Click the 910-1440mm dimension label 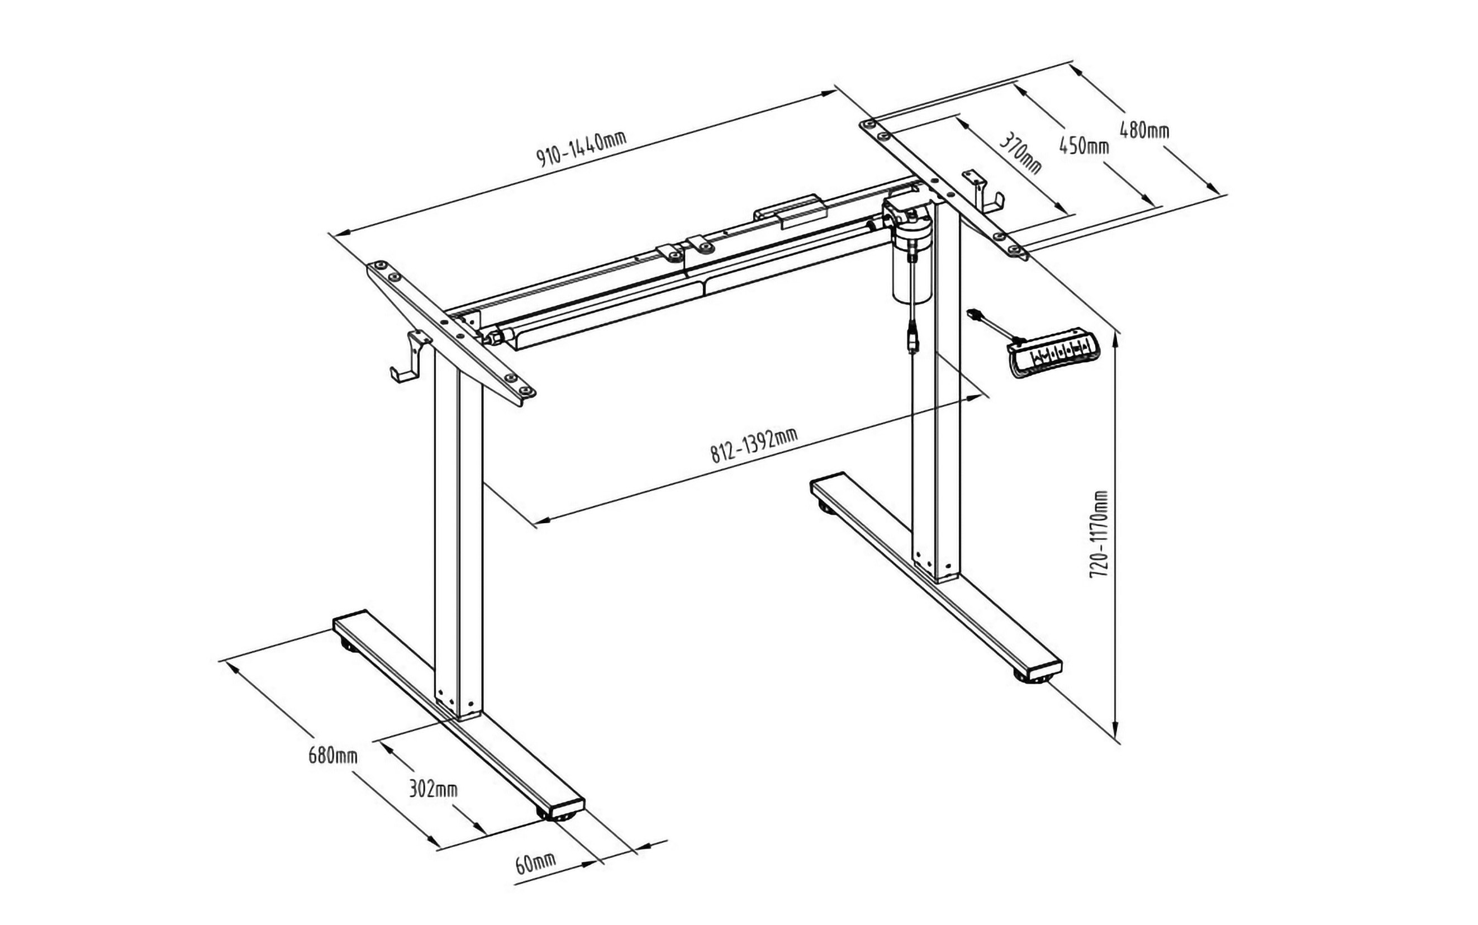tap(582, 148)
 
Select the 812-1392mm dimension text tap(753, 445)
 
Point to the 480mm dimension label tap(1143, 130)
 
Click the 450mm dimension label tap(1083, 146)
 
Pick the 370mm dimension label tap(1020, 154)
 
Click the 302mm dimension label tap(433, 789)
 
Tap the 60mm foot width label tap(535, 863)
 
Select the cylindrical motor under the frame tap(912, 269)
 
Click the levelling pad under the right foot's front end tap(1033, 677)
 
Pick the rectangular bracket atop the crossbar tap(791, 212)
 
